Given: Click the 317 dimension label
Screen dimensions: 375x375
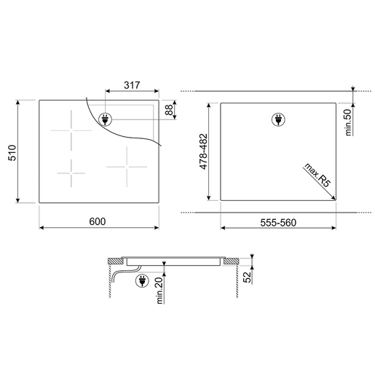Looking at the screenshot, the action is [132, 85].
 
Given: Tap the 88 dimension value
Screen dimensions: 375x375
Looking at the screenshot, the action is [169, 110].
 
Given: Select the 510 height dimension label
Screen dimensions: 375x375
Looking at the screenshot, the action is [12, 153].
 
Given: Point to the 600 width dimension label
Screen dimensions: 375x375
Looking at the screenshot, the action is [98, 221].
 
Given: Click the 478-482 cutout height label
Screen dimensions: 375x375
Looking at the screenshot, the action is [203, 151].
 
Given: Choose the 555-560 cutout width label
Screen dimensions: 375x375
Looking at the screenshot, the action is [278, 223].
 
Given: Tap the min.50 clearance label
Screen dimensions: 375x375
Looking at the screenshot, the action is [348, 122].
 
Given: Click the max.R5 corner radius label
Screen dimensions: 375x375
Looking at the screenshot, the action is [317, 175].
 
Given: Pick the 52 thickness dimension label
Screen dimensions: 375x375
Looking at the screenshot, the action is [247, 277].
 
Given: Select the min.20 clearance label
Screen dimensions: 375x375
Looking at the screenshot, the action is [159, 291].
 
